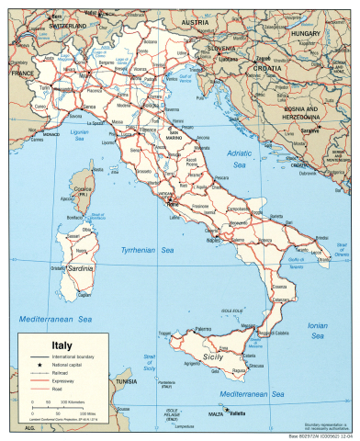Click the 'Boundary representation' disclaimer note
click(x=327, y=425)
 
